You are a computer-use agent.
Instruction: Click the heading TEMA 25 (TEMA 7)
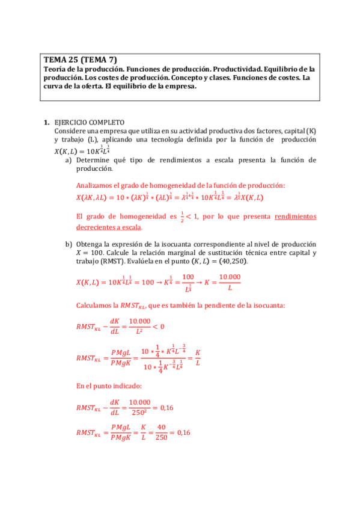point(81,60)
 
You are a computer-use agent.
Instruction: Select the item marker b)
point(69,244)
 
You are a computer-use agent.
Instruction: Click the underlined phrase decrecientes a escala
point(109,227)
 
